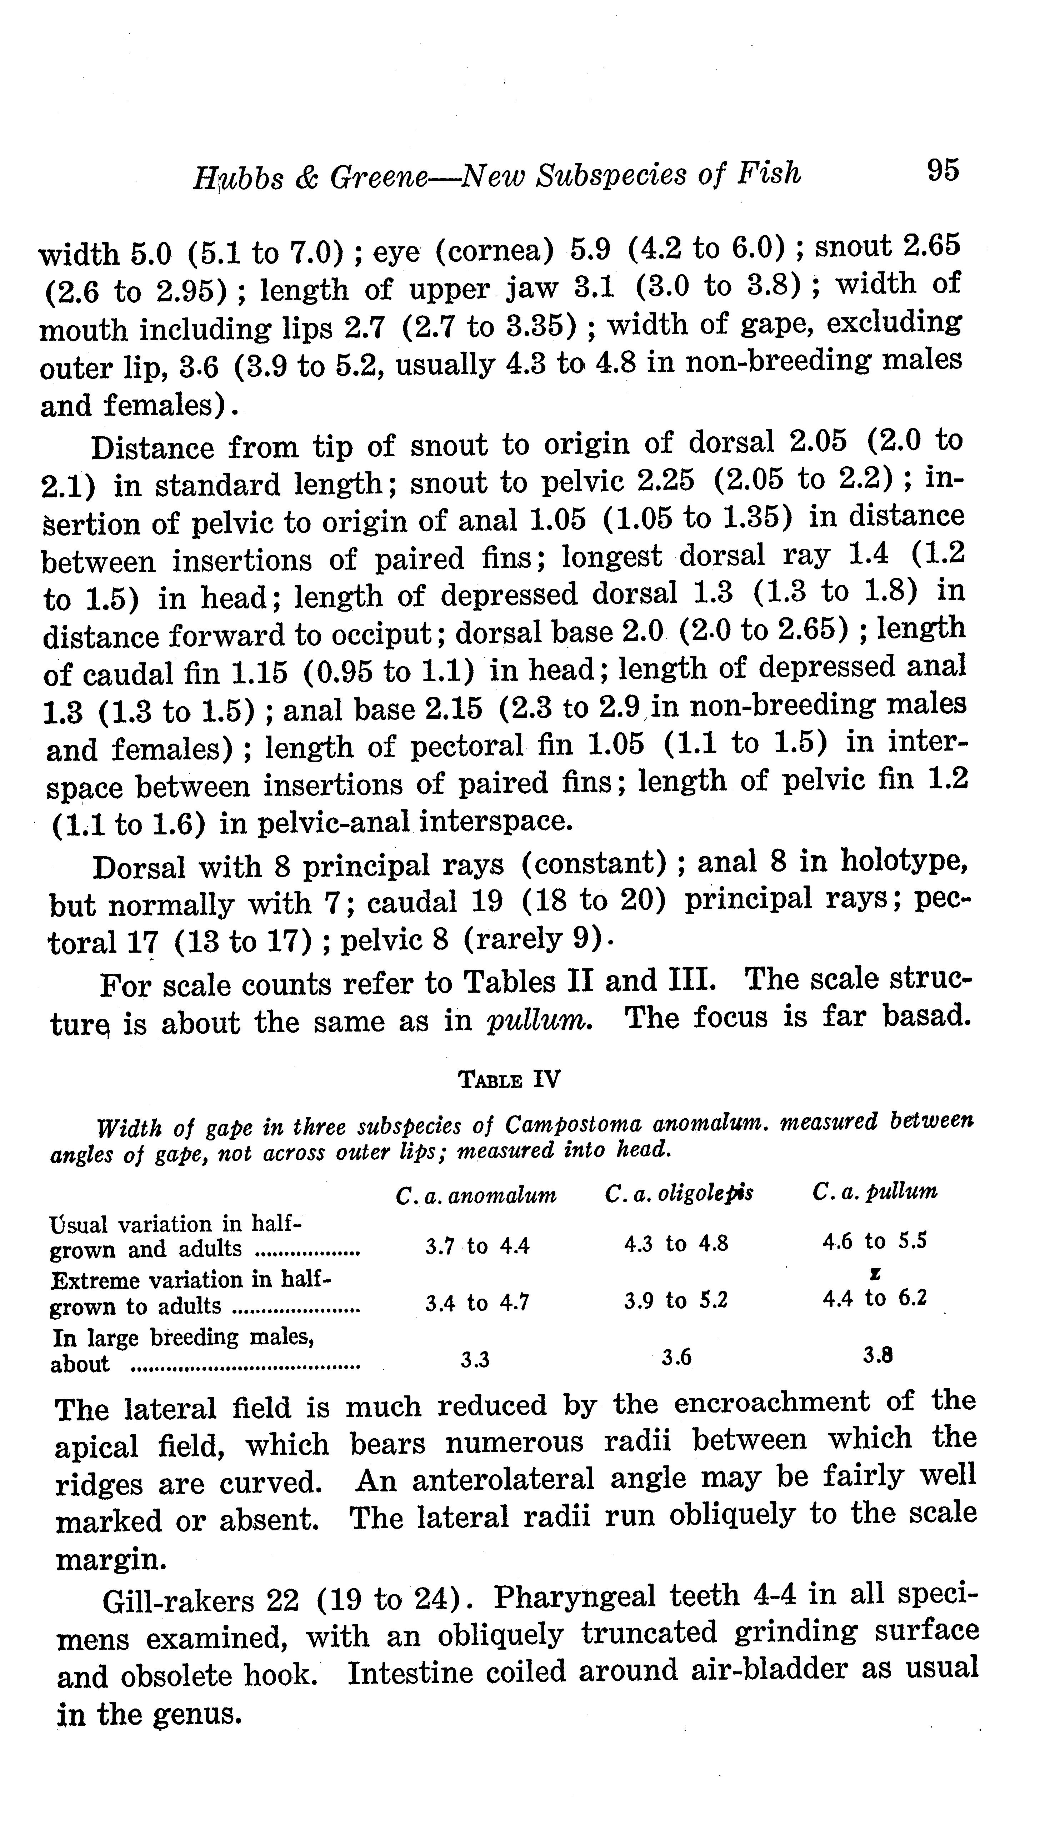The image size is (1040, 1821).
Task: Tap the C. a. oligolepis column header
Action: point(679,1193)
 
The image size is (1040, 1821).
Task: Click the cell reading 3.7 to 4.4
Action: point(477,1247)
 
